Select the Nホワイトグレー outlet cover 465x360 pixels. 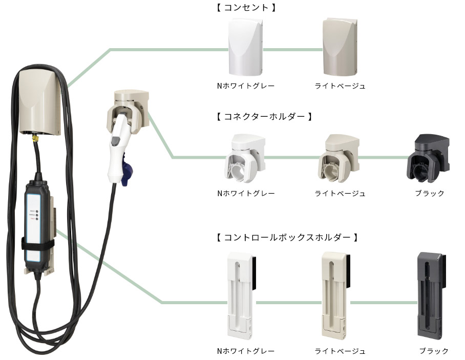(x=246, y=48)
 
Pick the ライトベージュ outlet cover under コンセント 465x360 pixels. (x=340, y=48)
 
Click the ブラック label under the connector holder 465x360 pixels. (x=430, y=194)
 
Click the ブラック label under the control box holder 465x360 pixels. (x=434, y=351)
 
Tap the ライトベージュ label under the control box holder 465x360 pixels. (x=340, y=351)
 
